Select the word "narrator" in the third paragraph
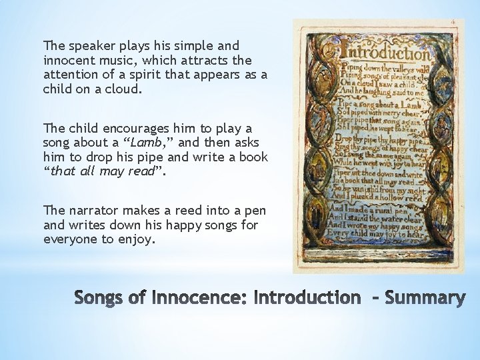pos(89,211)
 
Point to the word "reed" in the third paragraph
pos(180,211)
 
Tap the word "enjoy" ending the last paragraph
pos(138,239)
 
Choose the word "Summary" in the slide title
pos(425,298)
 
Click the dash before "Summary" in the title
pos(373,298)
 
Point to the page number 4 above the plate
pos(453,22)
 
